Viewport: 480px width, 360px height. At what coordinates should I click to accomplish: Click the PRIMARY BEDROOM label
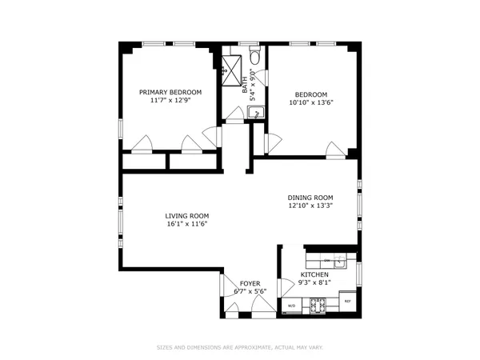170,93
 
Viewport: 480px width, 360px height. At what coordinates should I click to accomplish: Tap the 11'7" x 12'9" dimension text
170,102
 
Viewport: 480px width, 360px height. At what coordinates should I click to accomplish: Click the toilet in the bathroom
255,56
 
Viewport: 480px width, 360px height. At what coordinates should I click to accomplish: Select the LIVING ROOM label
187,216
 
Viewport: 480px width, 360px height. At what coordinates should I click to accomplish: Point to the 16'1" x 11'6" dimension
187,225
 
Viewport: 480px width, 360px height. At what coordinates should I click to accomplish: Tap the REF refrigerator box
347,301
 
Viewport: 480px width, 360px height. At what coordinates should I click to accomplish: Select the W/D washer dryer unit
291,306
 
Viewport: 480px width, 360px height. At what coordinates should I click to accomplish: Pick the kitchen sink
339,262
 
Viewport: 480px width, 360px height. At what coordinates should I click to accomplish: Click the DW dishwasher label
327,262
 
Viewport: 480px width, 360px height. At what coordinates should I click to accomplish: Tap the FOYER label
250,282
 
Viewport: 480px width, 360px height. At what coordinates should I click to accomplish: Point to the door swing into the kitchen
286,287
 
